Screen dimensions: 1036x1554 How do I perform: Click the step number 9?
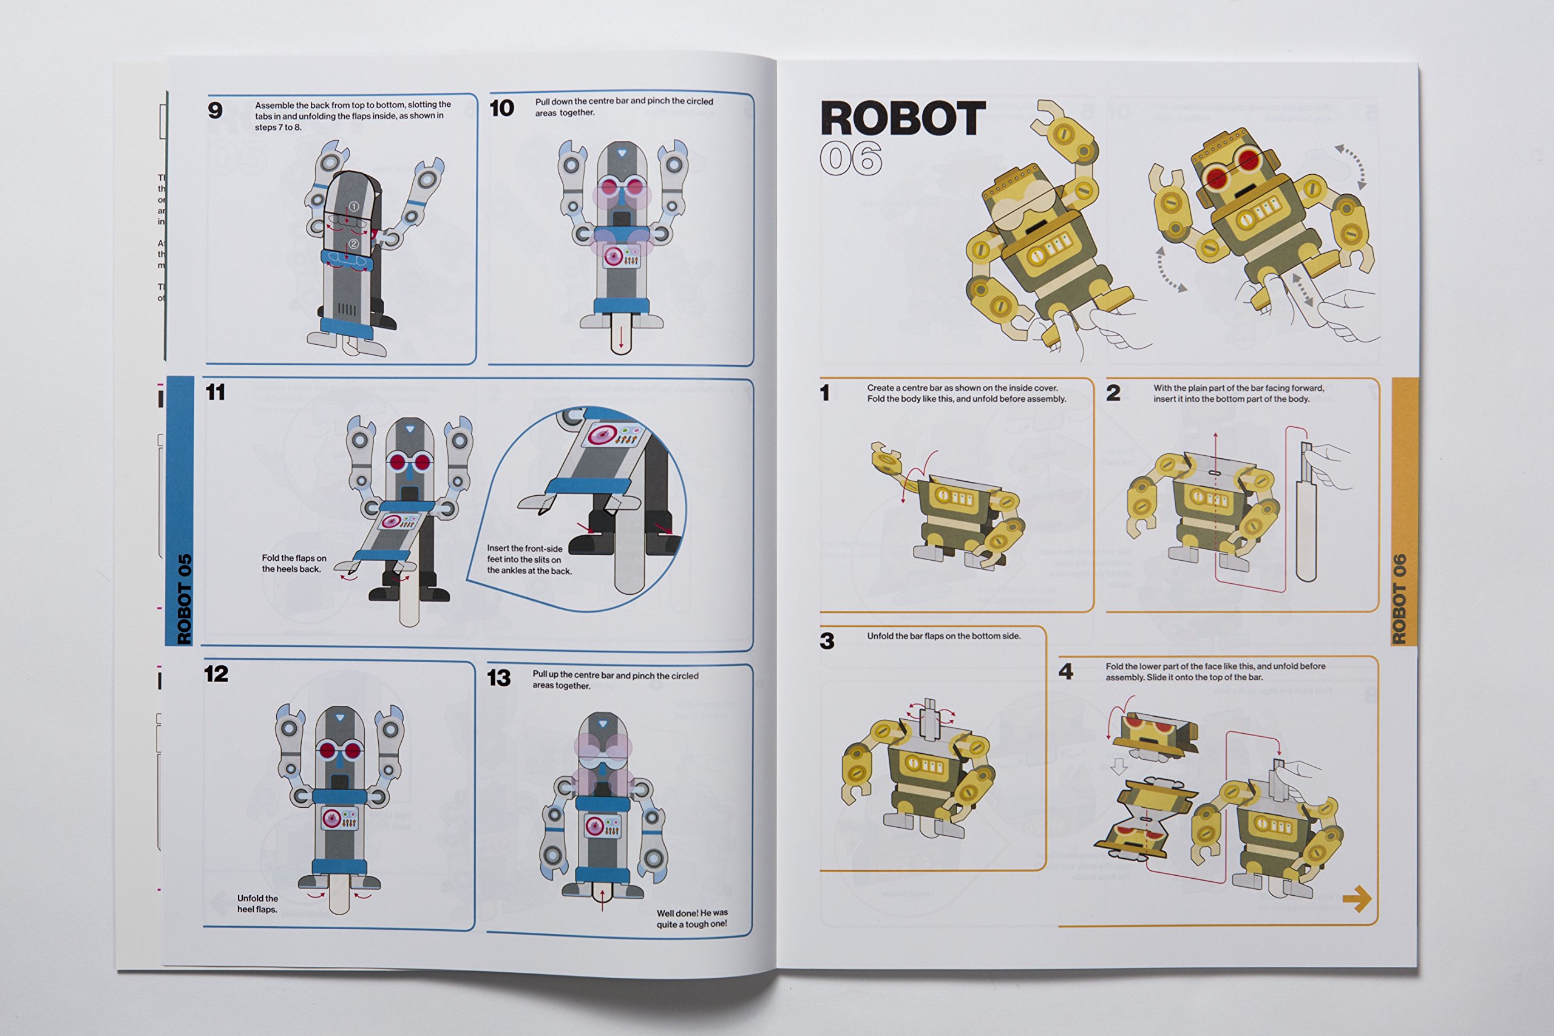click(x=215, y=110)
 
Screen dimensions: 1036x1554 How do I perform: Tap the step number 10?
click(x=501, y=109)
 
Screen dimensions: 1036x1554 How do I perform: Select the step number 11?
click(x=215, y=393)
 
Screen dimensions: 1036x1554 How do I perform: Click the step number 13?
click(x=499, y=678)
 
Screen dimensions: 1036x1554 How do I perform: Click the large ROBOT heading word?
click(x=903, y=119)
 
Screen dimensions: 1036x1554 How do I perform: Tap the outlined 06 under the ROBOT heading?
click(x=851, y=158)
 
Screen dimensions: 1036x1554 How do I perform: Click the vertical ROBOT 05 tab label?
click(x=185, y=598)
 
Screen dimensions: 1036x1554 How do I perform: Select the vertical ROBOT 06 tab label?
click(x=1399, y=598)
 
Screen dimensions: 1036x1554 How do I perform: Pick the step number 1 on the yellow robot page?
click(x=824, y=393)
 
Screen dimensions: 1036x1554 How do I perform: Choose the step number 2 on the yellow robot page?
click(x=1113, y=393)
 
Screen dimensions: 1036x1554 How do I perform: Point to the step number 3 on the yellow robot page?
click(x=827, y=641)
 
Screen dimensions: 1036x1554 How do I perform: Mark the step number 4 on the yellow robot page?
click(x=1066, y=672)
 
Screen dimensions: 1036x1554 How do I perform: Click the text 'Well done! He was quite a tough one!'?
click(x=692, y=918)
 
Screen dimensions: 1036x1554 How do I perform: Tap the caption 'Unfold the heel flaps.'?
click(x=257, y=904)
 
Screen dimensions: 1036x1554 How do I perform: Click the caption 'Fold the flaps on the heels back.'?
click(x=293, y=564)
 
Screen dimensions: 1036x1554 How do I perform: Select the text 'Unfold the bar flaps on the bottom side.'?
click(x=943, y=636)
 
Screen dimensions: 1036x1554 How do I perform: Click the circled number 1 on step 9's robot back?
click(x=353, y=207)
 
